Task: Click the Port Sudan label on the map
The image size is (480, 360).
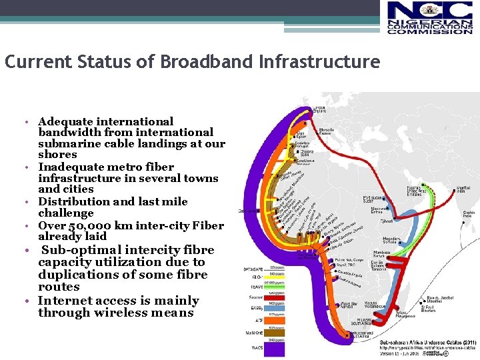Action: click(x=373, y=198)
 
